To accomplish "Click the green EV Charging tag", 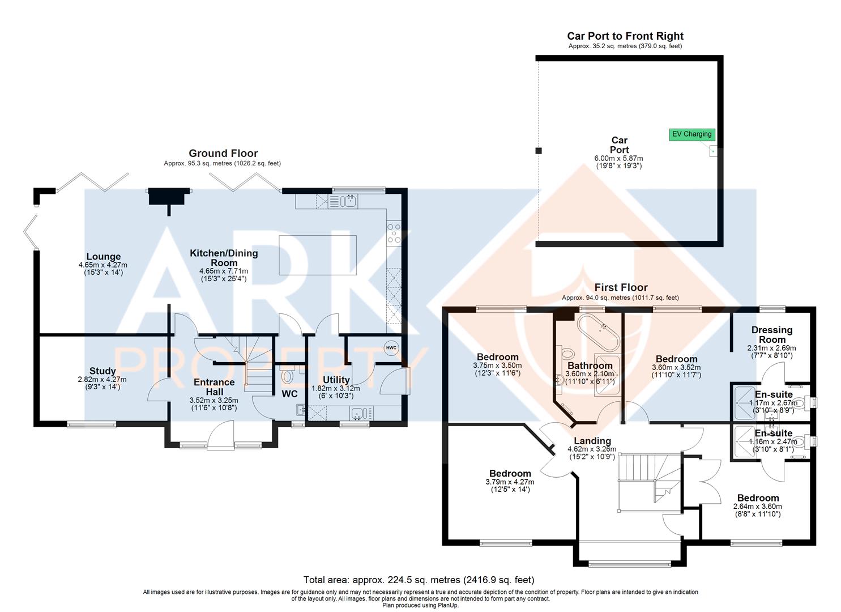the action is point(691,134).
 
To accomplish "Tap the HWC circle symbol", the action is point(391,347).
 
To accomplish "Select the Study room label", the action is point(102,371).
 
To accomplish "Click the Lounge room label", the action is point(103,256).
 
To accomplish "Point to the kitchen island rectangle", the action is point(317,255).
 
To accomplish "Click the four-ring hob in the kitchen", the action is point(394,233).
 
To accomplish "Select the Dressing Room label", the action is point(771,335).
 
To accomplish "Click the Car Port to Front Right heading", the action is point(625,36).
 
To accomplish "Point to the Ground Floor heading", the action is point(223,153).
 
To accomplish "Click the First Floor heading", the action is point(621,287).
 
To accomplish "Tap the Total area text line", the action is point(419,580).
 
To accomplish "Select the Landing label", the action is point(592,441).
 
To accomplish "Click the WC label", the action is point(289,394).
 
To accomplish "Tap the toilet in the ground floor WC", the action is point(288,376).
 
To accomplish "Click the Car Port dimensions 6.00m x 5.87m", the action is point(618,159).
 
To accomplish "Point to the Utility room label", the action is point(336,380).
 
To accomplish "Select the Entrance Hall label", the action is point(214,387).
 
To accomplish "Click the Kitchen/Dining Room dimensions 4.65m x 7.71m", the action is point(223,271).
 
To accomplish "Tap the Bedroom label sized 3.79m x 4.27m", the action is point(510,473).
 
